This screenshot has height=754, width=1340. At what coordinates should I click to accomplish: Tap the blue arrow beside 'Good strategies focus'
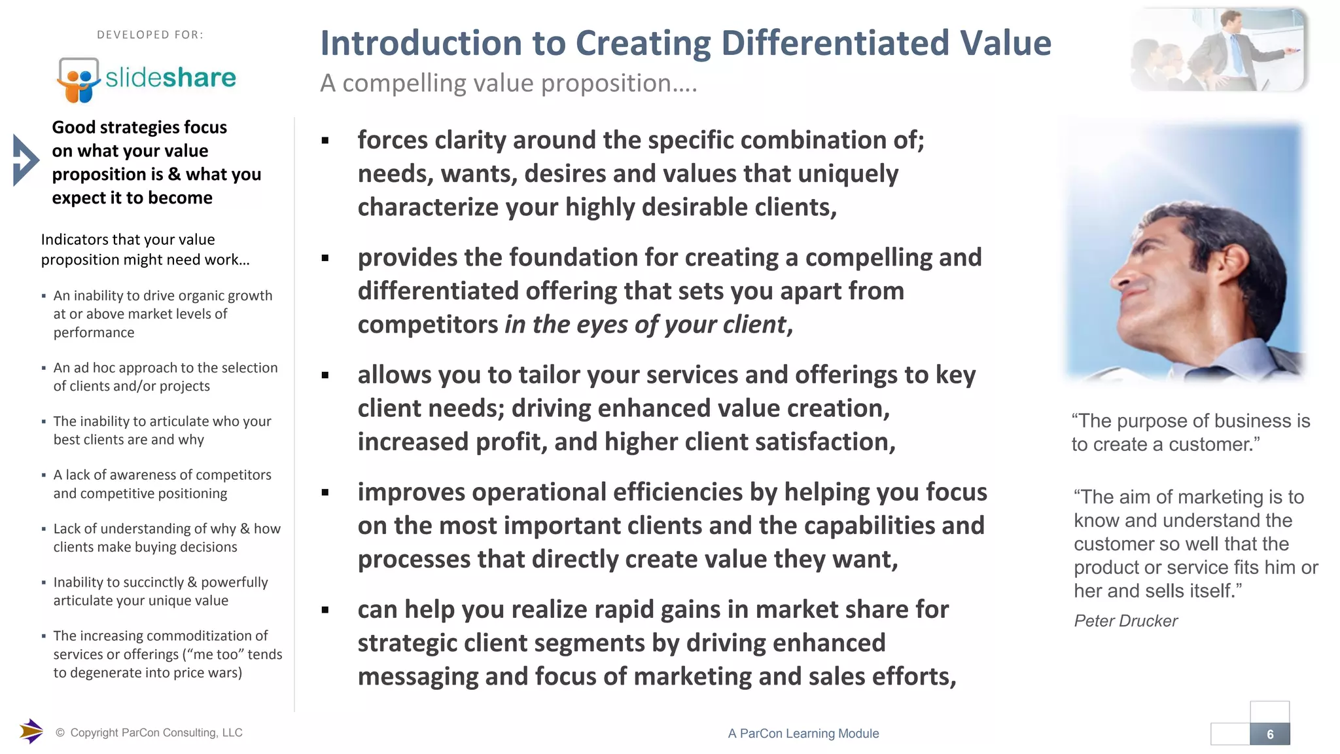point(26,160)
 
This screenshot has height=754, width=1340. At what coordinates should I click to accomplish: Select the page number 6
point(1270,734)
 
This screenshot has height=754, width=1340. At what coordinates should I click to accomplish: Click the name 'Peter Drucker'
point(1125,620)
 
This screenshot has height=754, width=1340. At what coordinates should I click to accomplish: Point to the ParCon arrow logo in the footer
point(31,731)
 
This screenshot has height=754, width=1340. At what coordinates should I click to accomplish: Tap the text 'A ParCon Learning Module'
point(803,734)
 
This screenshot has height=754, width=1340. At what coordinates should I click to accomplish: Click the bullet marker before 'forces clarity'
point(325,140)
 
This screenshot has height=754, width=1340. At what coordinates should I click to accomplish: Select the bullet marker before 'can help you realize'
point(325,610)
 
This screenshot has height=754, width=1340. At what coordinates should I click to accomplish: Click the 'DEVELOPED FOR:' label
point(150,35)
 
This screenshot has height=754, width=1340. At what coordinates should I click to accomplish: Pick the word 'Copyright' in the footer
point(94,733)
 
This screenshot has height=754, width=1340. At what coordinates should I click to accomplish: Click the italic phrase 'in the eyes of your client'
point(645,325)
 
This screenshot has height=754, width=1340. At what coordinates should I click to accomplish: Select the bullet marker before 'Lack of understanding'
point(44,529)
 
